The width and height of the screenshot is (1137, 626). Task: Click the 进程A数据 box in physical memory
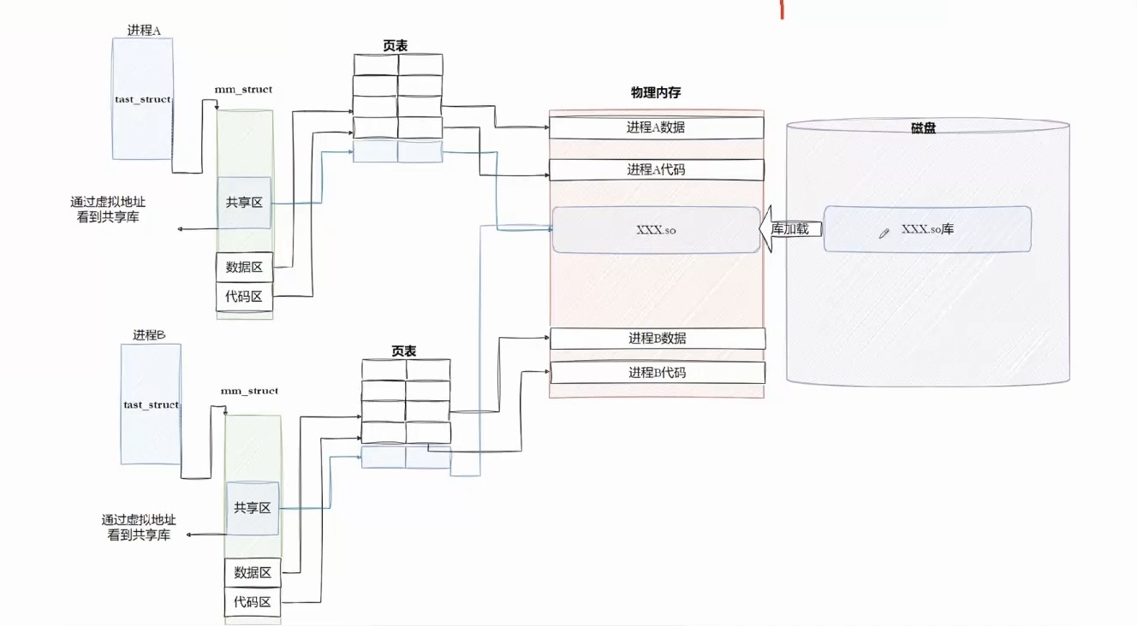click(x=657, y=127)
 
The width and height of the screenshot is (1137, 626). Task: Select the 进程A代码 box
click(x=657, y=170)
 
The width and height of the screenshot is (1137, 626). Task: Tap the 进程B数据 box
click(x=658, y=338)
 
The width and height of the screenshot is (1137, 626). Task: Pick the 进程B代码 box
click(x=658, y=373)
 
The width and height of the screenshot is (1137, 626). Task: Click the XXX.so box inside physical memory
click(x=657, y=229)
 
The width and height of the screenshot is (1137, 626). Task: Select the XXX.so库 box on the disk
click(x=927, y=228)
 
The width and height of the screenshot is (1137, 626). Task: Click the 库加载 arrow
click(x=790, y=229)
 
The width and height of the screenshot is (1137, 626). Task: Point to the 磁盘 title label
click(x=923, y=128)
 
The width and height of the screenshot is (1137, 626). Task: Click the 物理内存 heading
click(x=656, y=92)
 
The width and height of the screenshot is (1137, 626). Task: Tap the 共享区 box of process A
click(x=244, y=203)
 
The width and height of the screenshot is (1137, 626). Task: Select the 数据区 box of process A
click(x=244, y=267)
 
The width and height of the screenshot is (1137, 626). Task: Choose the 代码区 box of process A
click(x=244, y=297)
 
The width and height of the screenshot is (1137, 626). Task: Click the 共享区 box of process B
click(x=253, y=508)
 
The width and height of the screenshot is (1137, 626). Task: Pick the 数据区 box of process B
click(x=253, y=573)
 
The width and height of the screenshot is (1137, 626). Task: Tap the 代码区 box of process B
click(x=253, y=602)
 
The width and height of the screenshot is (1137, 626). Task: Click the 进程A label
click(x=144, y=31)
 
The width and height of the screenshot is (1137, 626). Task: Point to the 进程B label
click(x=149, y=335)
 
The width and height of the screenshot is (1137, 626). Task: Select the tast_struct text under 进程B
click(x=152, y=405)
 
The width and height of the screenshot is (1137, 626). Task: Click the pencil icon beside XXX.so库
click(x=884, y=233)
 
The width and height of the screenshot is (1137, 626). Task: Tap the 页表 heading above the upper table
click(x=395, y=45)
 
